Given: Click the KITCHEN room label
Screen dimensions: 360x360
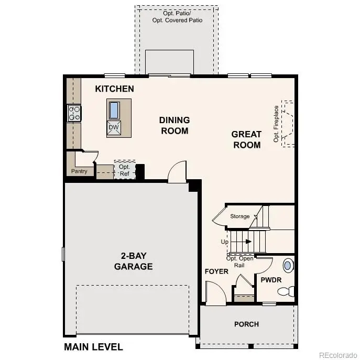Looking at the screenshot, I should tap(114, 89).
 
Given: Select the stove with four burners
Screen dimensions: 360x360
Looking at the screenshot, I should tap(74, 113).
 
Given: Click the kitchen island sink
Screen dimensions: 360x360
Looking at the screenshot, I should tap(114, 110).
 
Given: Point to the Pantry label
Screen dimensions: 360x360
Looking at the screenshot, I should tap(80, 171).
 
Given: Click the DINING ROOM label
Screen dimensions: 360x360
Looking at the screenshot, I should tap(174, 125).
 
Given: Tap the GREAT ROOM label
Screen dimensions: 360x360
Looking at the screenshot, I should tap(246, 139).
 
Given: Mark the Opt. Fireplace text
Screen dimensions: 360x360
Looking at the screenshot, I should tap(276, 124).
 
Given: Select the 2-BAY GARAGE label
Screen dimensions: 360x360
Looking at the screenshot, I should tap(133, 261).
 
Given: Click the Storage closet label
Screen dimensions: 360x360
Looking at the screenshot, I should tap(239, 216).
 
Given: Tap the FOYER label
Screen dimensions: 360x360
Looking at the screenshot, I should tap(216, 271).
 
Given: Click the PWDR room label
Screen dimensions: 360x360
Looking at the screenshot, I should tap(271, 280).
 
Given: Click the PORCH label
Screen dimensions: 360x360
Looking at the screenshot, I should tap(246, 324).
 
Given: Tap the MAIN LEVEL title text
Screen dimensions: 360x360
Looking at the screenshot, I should tap(93, 346).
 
